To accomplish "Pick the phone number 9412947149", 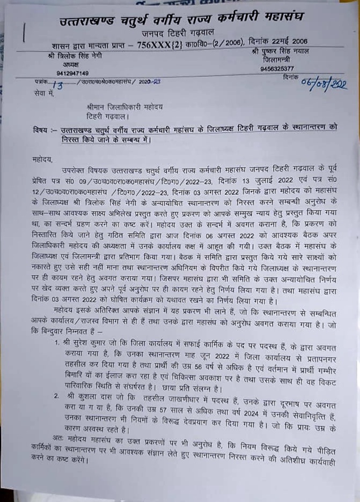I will coord(72,73).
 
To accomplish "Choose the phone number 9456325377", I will coord(276,69).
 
